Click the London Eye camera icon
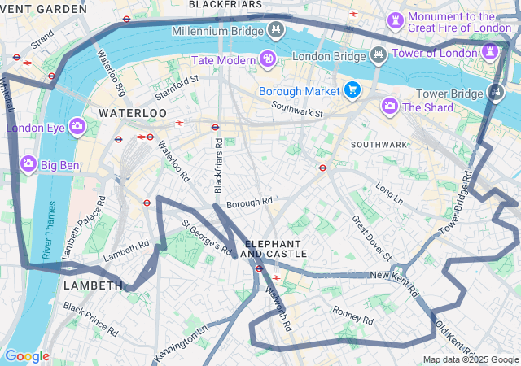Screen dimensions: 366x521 (77, 126)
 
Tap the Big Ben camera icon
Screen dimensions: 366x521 (28, 165)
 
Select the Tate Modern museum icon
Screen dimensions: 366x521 (267, 59)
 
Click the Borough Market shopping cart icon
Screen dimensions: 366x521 (352, 89)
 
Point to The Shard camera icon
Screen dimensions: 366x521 (390, 106)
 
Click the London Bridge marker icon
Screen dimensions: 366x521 (378, 54)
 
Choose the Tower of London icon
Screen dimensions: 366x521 (490, 52)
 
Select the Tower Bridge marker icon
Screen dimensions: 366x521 (495, 93)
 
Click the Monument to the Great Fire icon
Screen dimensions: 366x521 (396, 18)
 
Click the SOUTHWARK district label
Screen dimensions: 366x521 (379, 145)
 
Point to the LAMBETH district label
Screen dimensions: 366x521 (93, 286)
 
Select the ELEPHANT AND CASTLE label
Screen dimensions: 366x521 (276, 249)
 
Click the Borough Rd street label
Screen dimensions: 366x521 (249, 203)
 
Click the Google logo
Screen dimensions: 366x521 (27, 356)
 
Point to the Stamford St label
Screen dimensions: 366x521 (177, 85)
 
